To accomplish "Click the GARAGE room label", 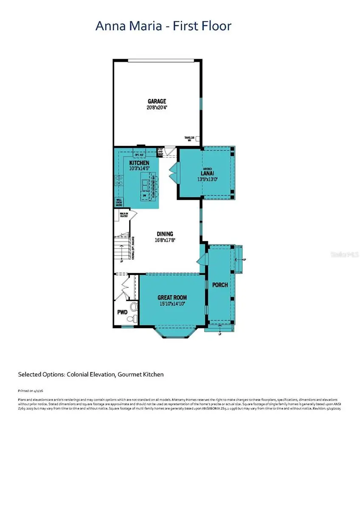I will [x=157, y=101].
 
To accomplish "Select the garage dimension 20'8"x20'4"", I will [x=157, y=107].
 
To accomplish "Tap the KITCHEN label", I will [x=139, y=163].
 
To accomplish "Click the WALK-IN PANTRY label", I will [x=124, y=215].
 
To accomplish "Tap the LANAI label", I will [x=207, y=173].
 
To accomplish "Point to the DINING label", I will [x=165, y=234].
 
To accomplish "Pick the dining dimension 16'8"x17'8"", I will [x=165, y=240].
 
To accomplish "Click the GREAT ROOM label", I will [x=172, y=297].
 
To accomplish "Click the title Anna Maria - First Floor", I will [x=163, y=26].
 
